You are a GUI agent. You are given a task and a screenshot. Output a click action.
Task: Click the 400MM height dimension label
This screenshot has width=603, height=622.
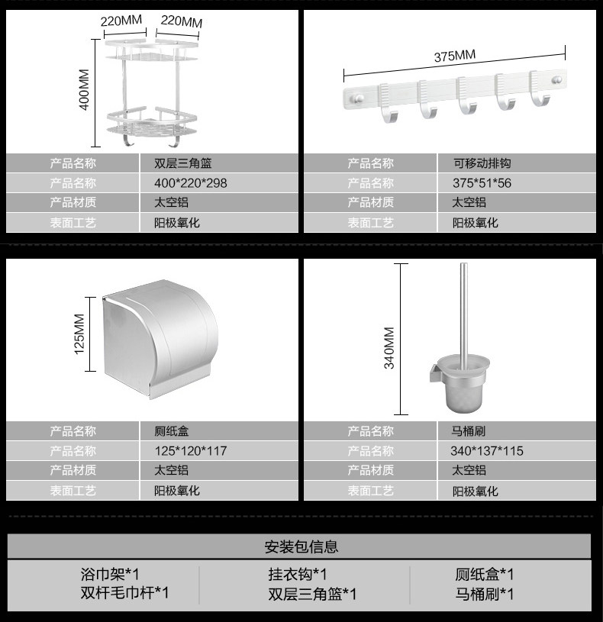click(x=84, y=89)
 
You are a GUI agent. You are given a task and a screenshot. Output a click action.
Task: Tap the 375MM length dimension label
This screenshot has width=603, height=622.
click(x=455, y=56)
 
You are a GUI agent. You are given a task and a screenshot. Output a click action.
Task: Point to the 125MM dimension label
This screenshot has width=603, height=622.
click(x=79, y=334)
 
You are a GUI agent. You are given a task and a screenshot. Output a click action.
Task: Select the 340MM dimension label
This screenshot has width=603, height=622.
click(x=389, y=348)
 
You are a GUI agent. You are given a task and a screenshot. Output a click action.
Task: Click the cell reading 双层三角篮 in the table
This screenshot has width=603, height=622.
click(x=219, y=163)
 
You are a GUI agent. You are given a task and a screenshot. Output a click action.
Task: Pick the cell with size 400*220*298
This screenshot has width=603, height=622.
click(x=219, y=183)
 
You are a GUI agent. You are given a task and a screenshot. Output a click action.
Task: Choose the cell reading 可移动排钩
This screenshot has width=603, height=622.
click(x=517, y=163)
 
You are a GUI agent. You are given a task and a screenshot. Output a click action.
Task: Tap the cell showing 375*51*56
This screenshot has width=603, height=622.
click(x=517, y=183)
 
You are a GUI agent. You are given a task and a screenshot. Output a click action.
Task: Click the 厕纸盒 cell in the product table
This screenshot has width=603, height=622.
click(x=219, y=430)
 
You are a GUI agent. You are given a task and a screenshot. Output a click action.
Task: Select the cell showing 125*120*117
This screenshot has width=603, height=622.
click(x=219, y=450)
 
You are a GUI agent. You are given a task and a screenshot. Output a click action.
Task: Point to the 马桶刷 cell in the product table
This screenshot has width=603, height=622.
click(x=517, y=430)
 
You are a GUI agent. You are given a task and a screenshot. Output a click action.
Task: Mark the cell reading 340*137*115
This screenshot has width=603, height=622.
click(x=517, y=450)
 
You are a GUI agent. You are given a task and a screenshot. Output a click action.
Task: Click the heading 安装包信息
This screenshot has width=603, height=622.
click(x=301, y=546)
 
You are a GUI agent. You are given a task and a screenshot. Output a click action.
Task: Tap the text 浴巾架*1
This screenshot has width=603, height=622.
click(x=110, y=574)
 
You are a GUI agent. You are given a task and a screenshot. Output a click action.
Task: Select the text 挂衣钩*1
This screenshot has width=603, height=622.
click(x=297, y=574)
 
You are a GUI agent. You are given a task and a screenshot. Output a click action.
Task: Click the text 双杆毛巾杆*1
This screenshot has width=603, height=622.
click(x=124, y=593)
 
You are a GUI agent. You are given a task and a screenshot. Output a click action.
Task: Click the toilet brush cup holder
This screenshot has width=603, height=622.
click(x=462, y=383)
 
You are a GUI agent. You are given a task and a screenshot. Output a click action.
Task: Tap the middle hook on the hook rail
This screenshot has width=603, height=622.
click(x=468, y=96)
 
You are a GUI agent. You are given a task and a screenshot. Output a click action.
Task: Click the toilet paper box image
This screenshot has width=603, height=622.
click(x=160, y=338)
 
